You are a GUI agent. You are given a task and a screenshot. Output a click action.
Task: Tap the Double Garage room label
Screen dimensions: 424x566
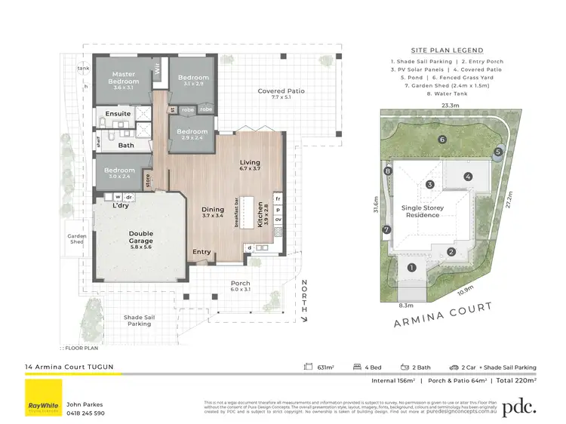pos(141,236)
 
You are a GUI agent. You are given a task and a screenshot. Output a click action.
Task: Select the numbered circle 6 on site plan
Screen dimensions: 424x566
pos(443,140)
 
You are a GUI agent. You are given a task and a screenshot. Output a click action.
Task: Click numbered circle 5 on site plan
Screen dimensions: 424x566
pos(498,152)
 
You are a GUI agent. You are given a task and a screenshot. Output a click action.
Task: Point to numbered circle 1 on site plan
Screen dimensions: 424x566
pos(412,267)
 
